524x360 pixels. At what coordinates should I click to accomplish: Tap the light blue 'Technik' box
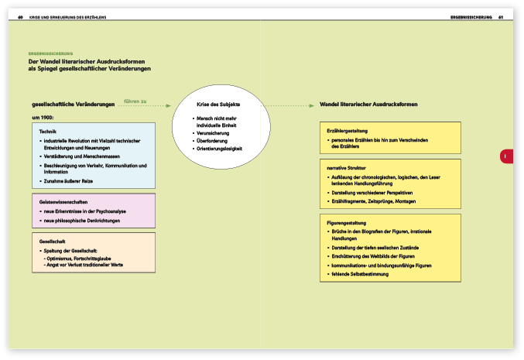(x=93, y=156)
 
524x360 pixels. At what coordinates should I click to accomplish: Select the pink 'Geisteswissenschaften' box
(x=93, y=211)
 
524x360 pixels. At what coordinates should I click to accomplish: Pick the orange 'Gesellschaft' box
(x=93, y=253)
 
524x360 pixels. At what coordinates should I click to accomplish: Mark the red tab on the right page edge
(x=505, y=156)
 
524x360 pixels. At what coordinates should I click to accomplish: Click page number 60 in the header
(x=20, y=18)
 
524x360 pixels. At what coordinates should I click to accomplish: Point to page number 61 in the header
(x=502, y=18)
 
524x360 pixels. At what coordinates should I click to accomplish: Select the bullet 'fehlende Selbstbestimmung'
(x=360, y=275)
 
